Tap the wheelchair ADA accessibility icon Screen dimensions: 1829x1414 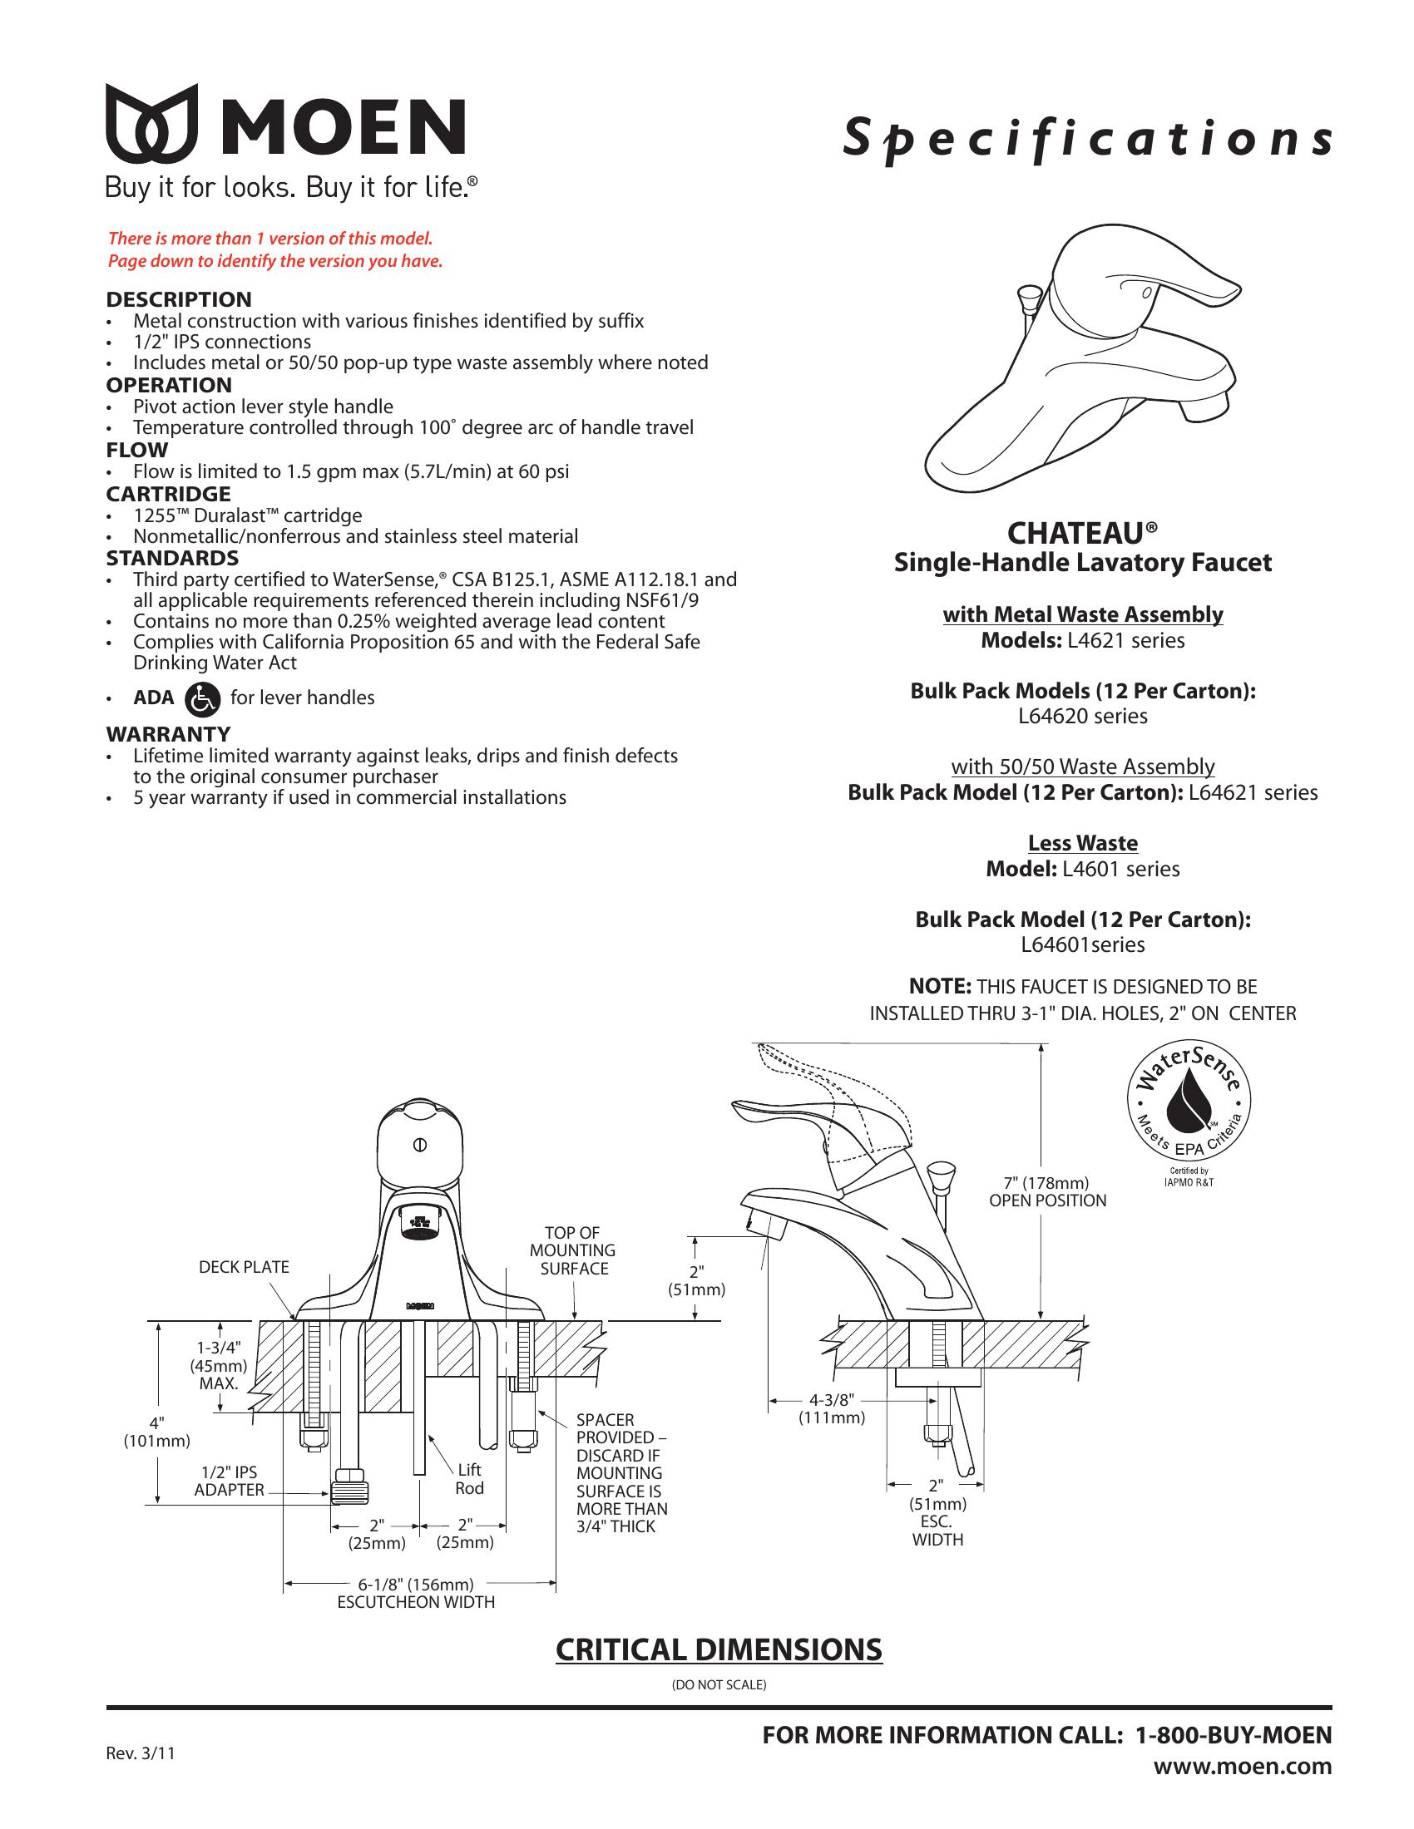point(202,698)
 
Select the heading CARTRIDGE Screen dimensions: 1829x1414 point(167,494)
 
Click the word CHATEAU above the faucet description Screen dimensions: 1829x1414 point(1075,534)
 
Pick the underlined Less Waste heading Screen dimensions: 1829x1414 point(1082,843)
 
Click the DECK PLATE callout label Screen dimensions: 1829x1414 point(243,1267)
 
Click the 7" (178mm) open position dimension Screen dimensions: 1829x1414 point(1047,1191)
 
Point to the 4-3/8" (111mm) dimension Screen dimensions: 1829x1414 point(831,1408)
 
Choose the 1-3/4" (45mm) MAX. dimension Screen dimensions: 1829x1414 point(219,1364)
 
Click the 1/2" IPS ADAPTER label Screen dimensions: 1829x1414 point(229,1481)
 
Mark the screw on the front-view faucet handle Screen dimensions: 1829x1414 point(421,1144)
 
